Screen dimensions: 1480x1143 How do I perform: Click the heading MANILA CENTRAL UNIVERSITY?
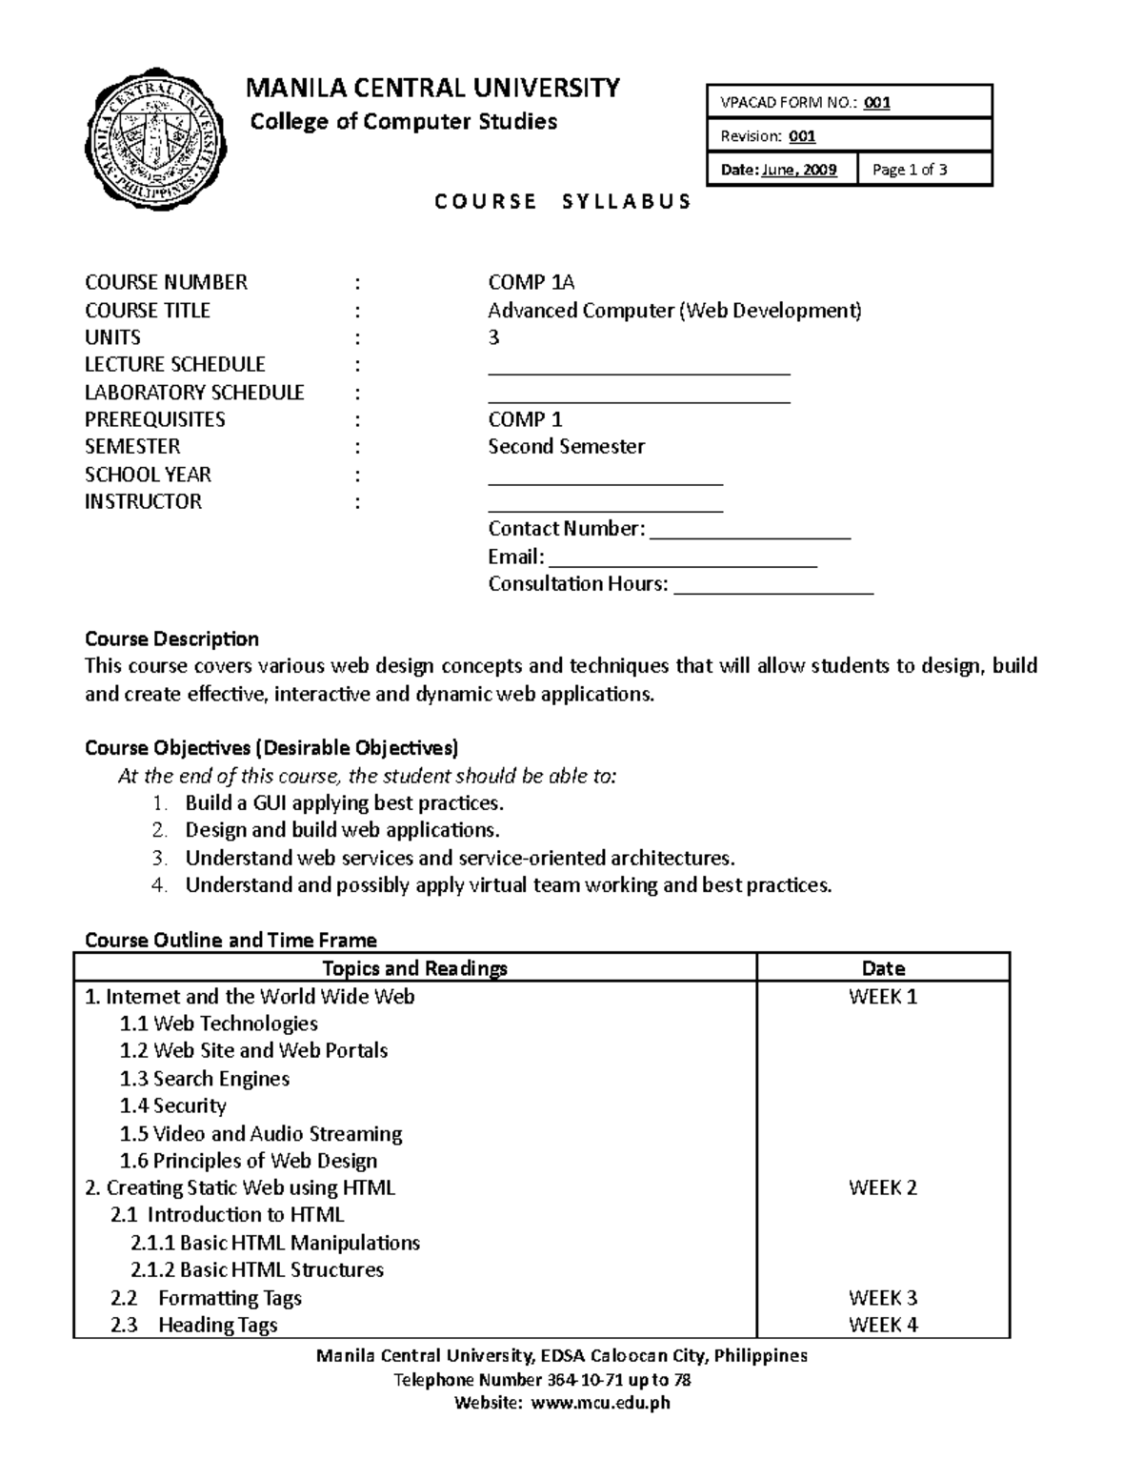click(x=432, y=89)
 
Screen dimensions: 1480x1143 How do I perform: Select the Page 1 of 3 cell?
click(x=925, y=170)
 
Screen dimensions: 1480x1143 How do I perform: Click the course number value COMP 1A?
click(x=531, y=282)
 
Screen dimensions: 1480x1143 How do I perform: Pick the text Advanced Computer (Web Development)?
click(x=673, y=310)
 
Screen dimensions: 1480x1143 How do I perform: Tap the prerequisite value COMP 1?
click(x=525, y=419)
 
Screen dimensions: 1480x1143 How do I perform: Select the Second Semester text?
click(x=566, y=446)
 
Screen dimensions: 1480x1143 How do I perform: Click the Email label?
click(x=515, y=557)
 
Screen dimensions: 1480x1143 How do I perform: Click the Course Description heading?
click(x=171, y=639)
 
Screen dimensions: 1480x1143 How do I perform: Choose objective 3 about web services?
click(x=459, y=858)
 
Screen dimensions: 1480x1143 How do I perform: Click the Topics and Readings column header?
click(x=414, y=968)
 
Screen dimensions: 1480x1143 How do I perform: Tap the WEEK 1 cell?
click(x=882, y=997)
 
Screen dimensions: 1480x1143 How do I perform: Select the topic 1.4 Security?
click(x=172, y=1105)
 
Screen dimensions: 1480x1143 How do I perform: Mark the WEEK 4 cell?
click(x=882, y=1325)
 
